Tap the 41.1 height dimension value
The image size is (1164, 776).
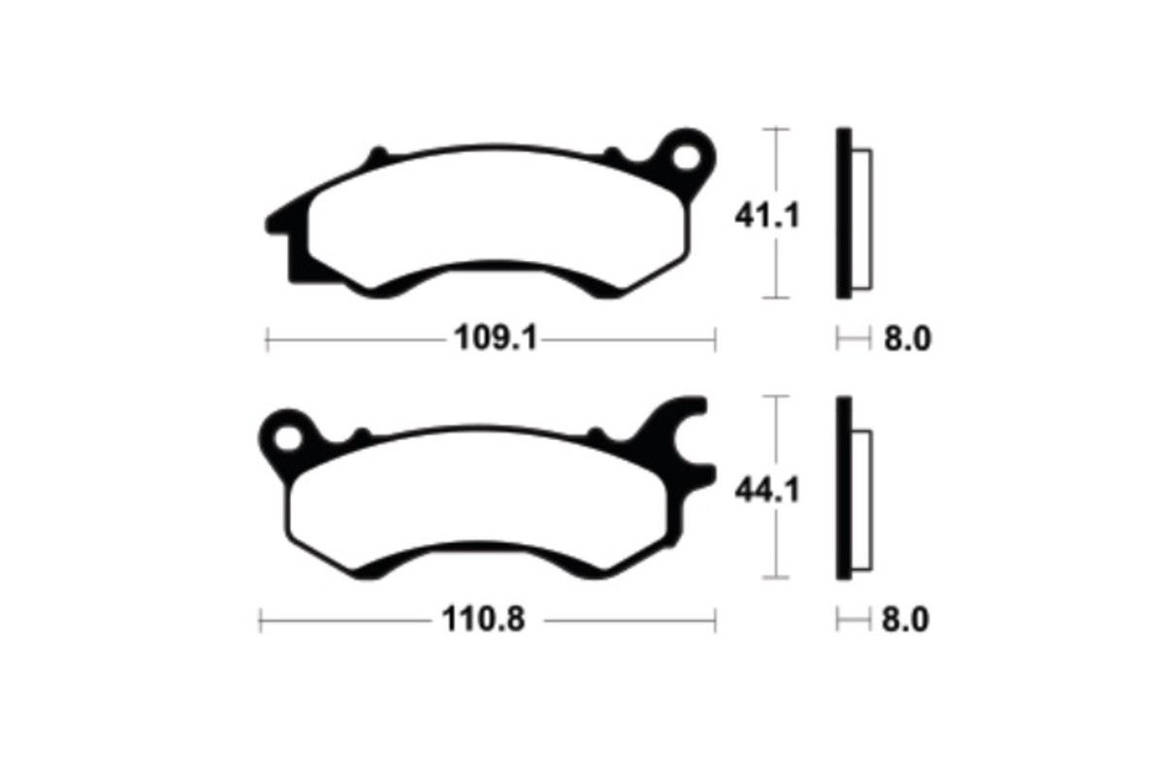pos(766,215)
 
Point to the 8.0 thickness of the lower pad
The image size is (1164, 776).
pos(905,619)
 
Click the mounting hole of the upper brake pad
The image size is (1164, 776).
pos(687,156)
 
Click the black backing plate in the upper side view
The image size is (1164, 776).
pos(843,213)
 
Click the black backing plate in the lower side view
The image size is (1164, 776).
pos(843,490)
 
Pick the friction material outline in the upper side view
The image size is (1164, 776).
pos(861,218)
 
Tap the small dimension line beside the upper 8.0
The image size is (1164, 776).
pos(850,339)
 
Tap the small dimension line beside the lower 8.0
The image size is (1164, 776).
pos(850,619)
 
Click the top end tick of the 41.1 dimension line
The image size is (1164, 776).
pos(775,128)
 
